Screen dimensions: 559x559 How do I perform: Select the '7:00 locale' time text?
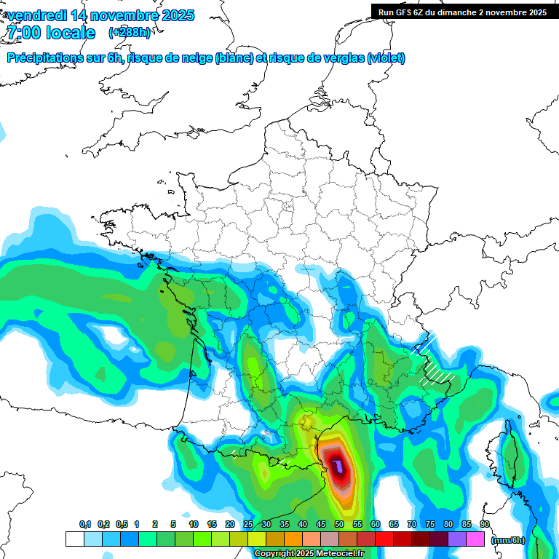point(51,33)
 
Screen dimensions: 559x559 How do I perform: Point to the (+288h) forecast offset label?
point(129,33)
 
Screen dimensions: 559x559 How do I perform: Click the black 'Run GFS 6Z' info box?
point(462,12)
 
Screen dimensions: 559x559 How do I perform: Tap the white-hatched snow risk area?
point(435,360)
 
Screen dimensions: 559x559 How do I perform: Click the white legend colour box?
point(74,539)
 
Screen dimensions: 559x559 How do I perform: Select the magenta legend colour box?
point(475,539)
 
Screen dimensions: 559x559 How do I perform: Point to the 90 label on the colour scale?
point(484,524)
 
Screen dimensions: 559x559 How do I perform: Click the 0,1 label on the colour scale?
point(85,524)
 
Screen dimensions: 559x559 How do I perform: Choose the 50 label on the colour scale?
point(339,524)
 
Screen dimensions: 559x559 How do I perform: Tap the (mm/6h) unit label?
point(507,540)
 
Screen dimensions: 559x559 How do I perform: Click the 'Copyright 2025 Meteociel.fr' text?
point(309,554)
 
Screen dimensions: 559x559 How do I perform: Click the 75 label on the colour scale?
point(429,524)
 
